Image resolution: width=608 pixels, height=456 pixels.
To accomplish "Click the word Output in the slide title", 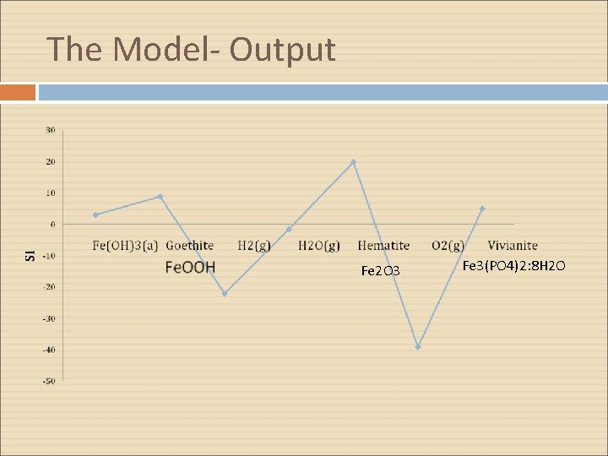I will coord(282,50).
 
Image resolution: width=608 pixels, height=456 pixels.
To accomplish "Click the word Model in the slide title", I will coord(158,50).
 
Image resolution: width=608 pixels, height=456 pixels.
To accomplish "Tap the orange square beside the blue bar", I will coord(18,92).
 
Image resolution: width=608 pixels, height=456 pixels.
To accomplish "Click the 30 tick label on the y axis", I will coord(51,130).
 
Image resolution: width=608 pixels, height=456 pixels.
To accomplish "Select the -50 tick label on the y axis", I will coord(50,381).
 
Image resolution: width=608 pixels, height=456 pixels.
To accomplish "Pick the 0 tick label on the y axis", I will coord(52,225).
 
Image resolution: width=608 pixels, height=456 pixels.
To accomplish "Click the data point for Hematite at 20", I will coord(354,162).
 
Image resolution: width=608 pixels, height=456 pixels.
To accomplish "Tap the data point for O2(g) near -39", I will coord(418,347).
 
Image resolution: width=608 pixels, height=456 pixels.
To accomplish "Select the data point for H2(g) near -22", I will coord(225,294).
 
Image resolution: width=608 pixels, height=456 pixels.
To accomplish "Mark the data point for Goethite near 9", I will coord(160,197).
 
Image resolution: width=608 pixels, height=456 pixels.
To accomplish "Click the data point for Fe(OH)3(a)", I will coord(95,215).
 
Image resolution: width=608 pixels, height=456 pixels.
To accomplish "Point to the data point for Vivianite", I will coord(482,209).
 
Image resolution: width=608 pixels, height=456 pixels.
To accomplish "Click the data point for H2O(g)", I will coord(289,229).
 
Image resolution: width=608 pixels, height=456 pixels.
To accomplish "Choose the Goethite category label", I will coord(189,246).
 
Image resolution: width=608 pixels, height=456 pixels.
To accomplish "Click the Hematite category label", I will coord(383,246).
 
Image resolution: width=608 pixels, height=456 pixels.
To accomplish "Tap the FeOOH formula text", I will coord(190,268).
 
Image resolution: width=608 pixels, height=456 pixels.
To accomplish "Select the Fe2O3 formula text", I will coord(380,271).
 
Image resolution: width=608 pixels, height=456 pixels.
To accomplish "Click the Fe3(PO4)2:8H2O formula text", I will coord(514,267).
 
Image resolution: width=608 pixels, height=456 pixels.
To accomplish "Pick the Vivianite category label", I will coord(513,246).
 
